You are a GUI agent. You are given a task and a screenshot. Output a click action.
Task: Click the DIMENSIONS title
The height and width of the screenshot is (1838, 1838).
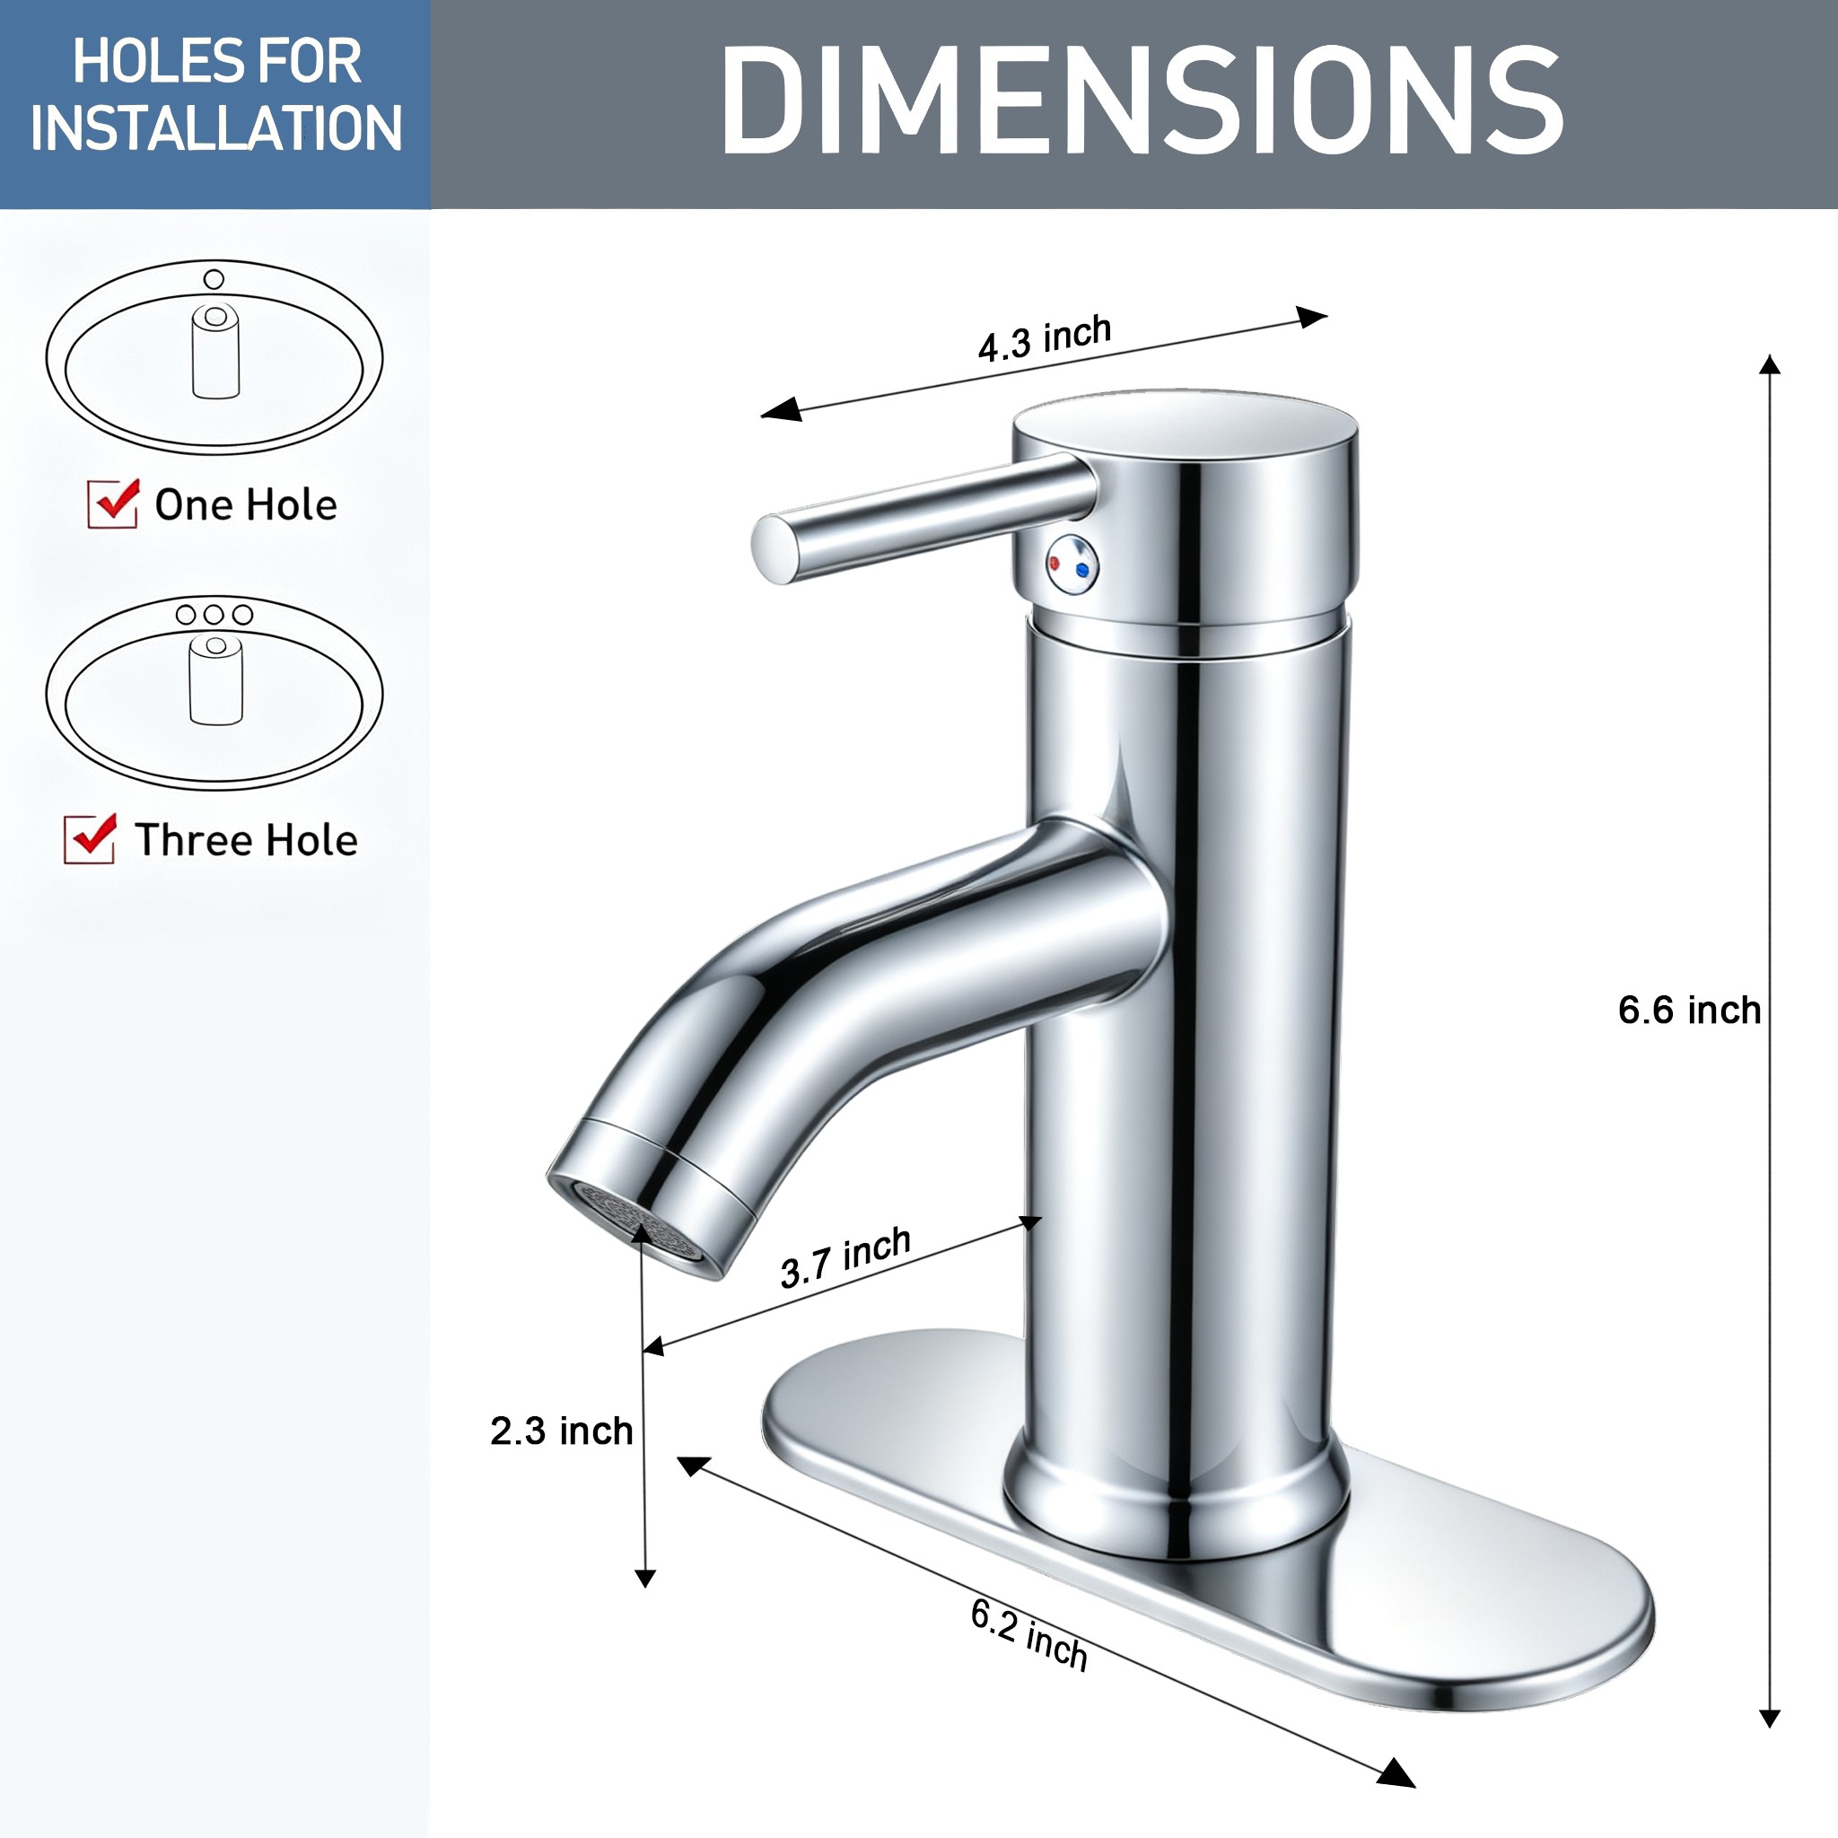pos(1142,101)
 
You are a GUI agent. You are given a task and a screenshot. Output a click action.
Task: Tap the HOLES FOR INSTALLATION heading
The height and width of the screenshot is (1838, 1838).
pos(216,95)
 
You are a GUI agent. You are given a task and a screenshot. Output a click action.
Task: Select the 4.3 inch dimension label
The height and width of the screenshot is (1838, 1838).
pos(1045,337)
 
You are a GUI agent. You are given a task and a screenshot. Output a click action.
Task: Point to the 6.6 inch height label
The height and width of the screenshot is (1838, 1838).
pos(1690,1010)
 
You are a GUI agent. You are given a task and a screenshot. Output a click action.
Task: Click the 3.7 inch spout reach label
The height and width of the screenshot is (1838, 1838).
pos(845,1256)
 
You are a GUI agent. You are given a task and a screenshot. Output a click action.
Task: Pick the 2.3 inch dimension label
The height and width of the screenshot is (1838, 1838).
pos(561,1431)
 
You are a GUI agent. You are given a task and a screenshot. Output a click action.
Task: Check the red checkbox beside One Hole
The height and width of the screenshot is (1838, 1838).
pos(113,503)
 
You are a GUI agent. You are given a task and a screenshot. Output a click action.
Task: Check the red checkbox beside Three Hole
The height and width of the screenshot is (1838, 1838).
pos(91,838)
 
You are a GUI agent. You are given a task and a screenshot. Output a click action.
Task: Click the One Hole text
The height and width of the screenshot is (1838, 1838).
pos(245,504)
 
